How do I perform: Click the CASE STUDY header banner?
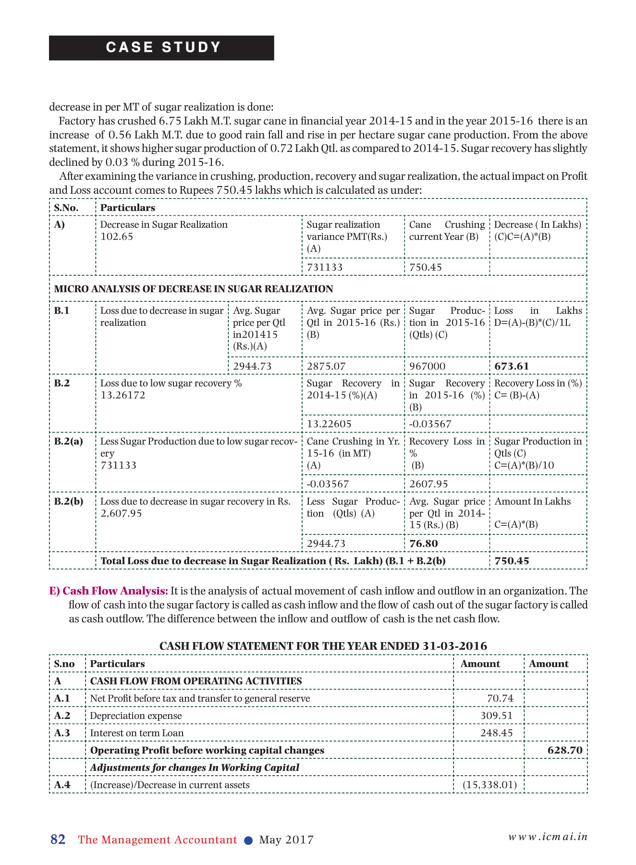click(161, 48)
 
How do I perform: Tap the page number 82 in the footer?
click(58, 840)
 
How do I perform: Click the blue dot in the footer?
click(248, 840)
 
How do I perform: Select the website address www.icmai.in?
click(548, 837)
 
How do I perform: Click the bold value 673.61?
click(512, 366)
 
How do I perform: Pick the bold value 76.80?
click(424, 544)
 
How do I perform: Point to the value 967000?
click(428, 366)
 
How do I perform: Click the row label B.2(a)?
click(69, 441)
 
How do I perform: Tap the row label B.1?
click(62, 310)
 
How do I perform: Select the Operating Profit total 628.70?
click(565, 750)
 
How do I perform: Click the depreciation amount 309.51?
click(497, 716)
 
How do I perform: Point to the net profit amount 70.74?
click(500, 698)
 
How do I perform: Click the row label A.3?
click(62, 733)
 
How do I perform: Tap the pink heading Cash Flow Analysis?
click(115, 591)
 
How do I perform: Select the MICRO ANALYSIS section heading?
click(194, 289)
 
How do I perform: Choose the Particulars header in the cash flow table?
click(117, 664)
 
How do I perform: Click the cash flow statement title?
click(323, 646)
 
